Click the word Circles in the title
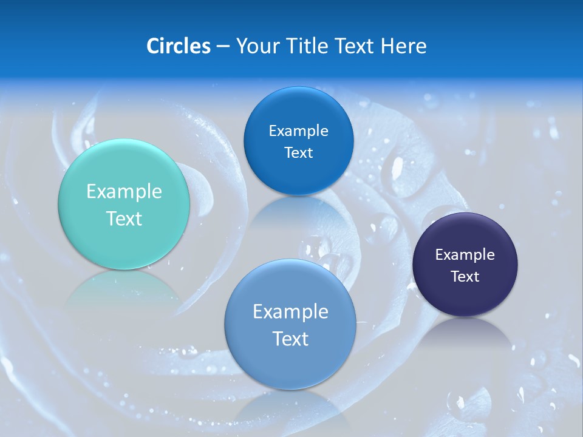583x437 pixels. tap(179, 46)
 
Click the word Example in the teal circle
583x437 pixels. tap(124, 192)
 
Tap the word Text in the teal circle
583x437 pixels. tap(124, 218)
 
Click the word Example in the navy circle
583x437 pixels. tap(465, 255)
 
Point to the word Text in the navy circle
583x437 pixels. tap(465, 277)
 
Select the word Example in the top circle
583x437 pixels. tap(298, 131)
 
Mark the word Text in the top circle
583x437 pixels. tap(298, 153)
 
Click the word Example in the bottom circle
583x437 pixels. tap(290, 312)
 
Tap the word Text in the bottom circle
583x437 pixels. tap(290, 339)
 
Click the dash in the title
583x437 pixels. tap(223, 47)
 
